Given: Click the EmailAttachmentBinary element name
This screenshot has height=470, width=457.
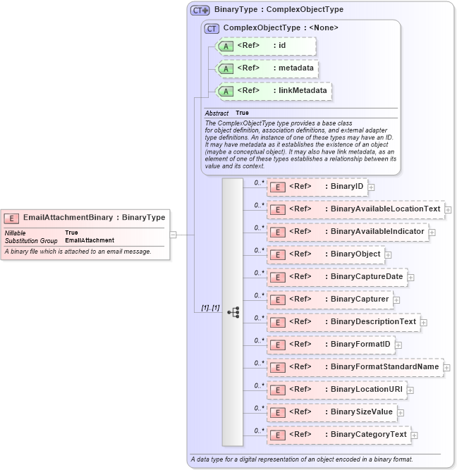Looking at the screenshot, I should [68, 218].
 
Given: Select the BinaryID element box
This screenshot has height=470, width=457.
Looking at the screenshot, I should [317, 187].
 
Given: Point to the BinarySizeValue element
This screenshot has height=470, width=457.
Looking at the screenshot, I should [331, 412].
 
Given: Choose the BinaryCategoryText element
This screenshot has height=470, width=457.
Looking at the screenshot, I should [339, 435].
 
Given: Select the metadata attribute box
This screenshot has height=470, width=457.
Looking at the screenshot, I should [267, 68].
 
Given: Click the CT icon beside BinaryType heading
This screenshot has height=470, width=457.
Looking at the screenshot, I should [200, 11].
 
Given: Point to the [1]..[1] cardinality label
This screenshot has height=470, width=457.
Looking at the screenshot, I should [209, 308].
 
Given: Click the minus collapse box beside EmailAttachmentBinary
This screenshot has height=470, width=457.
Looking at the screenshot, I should [173, 234].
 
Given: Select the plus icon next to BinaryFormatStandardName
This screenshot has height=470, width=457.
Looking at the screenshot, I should [447, 367].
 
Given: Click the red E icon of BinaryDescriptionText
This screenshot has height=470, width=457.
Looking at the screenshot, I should [279, 322].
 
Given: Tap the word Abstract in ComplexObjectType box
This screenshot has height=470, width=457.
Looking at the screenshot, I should [217, 113].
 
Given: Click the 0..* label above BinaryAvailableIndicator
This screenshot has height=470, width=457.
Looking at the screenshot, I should [259, 226].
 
